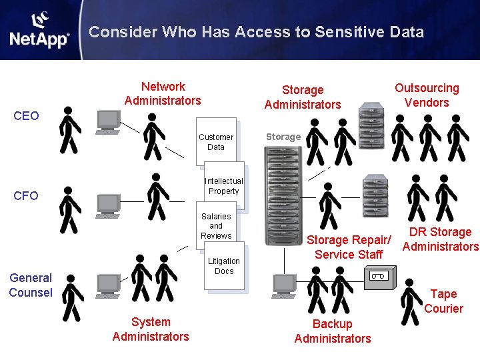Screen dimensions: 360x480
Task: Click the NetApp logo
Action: [x=39, y=31]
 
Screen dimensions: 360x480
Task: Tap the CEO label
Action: [x=27, y=116]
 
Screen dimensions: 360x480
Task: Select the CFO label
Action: [x=26, y=195]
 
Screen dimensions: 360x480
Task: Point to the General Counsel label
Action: [x=31, y=285]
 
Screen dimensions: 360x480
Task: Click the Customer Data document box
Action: [x=216, y=142]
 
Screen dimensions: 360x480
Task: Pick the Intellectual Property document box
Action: [x=224, y=186]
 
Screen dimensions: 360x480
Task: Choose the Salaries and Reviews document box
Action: [x=216, y=226]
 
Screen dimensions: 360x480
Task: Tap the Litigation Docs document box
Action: [x=224, y=267]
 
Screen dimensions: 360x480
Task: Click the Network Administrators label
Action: [x=163, y=93]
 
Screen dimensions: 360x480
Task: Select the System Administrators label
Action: [x=151, y=329]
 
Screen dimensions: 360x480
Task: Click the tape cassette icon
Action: [x=378, y=275]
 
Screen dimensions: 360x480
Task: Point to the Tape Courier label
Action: [x=443, y=301]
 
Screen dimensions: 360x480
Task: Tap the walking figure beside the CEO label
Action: [x=69, y=130]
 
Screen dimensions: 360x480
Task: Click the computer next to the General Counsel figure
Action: [x=109, y=285]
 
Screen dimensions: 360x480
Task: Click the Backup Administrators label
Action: [x=333, y=331]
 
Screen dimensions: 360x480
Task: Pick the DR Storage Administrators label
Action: [x=440, y=239]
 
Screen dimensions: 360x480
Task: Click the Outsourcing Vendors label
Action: [x=427, y=95]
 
